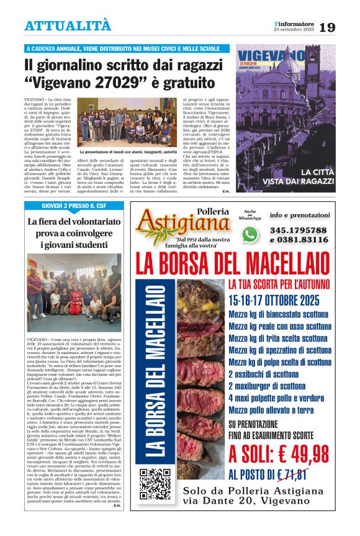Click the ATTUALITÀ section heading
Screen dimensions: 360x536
pos(68,25)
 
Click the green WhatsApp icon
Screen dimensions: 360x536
pos(250,234)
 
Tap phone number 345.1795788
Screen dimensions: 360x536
pos(299,230)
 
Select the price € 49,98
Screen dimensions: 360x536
pos(278,454)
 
